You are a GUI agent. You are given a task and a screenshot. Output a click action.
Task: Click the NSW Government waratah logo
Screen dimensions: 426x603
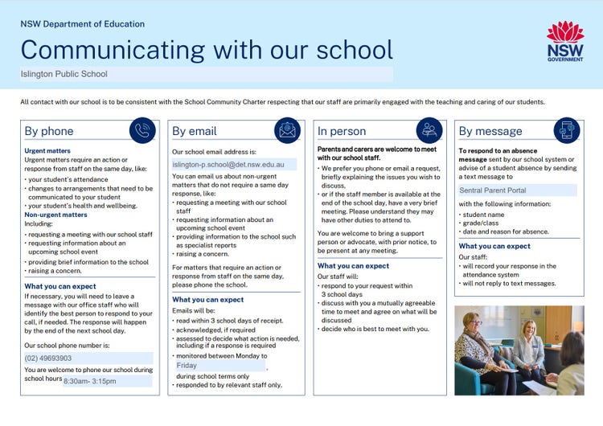tap(565, 40)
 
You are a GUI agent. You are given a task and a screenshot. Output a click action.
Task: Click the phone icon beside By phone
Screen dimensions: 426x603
tap(142, 131)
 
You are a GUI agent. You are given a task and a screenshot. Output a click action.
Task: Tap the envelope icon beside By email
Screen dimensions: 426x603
tap(286, 131)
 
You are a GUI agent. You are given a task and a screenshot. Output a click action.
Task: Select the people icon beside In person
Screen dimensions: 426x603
tap(429, 130)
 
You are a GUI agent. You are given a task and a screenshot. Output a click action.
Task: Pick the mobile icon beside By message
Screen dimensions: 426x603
tap(567, 130)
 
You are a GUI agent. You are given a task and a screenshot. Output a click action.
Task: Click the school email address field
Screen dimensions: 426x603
tap(234, 164)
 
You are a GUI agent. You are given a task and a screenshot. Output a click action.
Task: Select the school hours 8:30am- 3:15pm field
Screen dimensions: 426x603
tap(108, 380)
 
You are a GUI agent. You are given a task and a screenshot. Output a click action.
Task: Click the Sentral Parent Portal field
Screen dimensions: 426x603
tap(517, 190)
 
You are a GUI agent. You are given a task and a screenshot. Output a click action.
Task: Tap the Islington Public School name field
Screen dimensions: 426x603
tap(207, 74)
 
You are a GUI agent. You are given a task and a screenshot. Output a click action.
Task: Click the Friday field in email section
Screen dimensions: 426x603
tap(219, 365)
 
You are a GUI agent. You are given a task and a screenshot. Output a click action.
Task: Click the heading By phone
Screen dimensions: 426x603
tap(49, 131)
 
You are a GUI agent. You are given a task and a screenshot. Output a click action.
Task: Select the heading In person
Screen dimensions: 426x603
tap(342, 131)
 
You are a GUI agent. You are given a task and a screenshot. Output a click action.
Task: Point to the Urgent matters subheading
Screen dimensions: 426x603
tap(47, 150)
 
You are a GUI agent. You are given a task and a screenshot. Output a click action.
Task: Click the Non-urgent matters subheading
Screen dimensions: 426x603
tap(55, 215)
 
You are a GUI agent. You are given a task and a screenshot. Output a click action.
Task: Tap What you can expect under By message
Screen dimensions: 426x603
tap(494, 246)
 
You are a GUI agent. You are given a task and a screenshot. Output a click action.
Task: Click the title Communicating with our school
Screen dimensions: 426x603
tap(207, 49)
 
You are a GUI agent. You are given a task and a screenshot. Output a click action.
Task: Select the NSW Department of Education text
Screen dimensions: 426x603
tap(83, 24)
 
